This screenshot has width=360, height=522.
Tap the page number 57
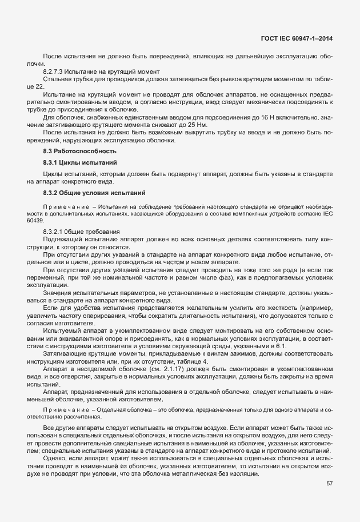pyautogui.click(x=329, y=484)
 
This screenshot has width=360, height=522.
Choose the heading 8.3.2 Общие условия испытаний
pyautogui.click(x=94, y=192)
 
